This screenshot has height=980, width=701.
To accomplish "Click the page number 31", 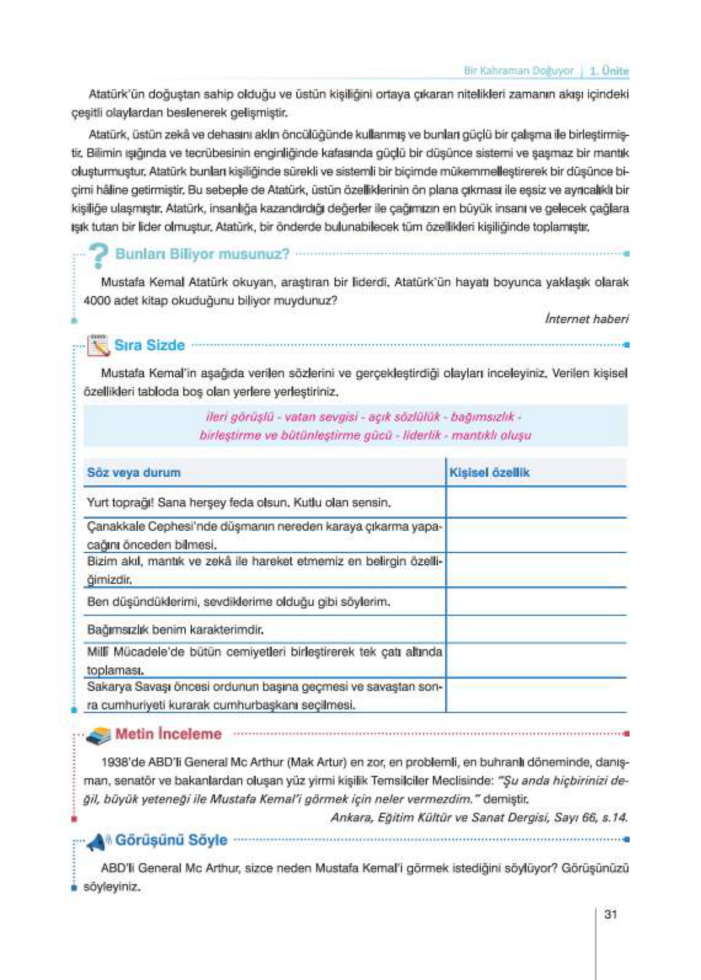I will (x=610, y=914).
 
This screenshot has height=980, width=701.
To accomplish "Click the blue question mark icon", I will (x=98, y=255).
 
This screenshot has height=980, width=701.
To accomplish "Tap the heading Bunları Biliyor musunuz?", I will (x=202, y=254).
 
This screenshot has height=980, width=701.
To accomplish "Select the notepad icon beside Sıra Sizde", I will (x=98, y=346).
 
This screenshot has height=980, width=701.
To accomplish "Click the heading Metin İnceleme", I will (x=168, y=733).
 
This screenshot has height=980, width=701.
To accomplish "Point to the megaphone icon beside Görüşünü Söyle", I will (x=97, y=841).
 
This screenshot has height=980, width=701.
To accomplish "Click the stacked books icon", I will (x=98, y=735).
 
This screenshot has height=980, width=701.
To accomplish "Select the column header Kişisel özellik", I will (x=489, y=473).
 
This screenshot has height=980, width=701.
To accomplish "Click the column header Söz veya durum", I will (x=133, y=473).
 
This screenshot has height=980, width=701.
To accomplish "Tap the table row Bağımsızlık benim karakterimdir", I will (x=175, y=630).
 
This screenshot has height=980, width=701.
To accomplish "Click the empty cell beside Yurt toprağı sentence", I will (x=535, y=502).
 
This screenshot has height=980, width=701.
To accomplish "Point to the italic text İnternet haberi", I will (x=586, y=318).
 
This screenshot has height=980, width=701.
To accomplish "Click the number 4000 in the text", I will (x=96, y=301).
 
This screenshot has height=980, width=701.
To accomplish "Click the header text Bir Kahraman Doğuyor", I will (x=518, y=71).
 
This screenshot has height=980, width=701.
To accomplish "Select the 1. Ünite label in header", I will (x=609, y=71).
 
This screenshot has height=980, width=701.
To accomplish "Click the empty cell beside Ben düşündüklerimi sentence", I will (x=535, y=602).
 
